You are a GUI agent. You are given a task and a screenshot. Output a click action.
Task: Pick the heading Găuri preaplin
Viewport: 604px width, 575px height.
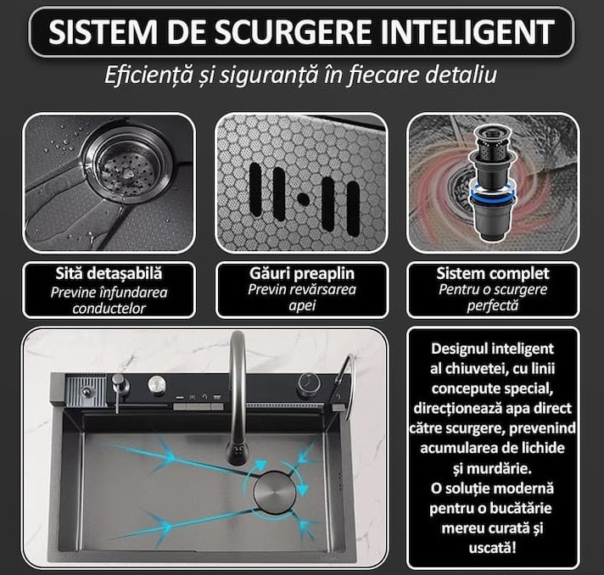click(301, 274)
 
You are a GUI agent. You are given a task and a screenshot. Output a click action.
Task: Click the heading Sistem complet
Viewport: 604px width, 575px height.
click(493, 274)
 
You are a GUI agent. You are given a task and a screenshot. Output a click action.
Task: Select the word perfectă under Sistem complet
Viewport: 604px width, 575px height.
click(493, 304)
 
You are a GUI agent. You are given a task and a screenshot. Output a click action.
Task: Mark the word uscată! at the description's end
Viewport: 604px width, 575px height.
click(492, 544)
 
